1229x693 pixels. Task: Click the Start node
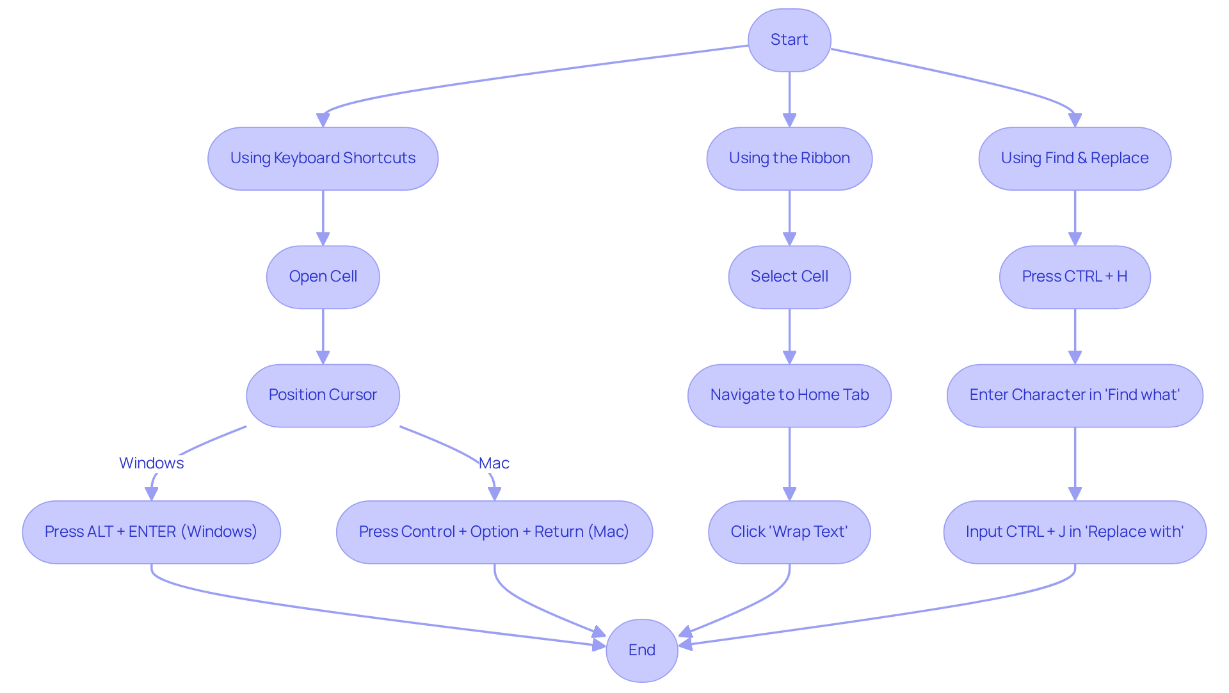tap(789, 40)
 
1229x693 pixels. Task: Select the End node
tap(641, 650)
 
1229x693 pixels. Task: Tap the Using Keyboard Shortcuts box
tap(323, 158)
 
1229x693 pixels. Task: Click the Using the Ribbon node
tap(789, 158)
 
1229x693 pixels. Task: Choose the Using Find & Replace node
tap(1075, 158)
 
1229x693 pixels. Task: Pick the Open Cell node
tap(323, 276)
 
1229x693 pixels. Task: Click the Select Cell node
tap(789, 276)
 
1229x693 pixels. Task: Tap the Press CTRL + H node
tap(1075, 276)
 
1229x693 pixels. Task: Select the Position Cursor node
tap(323, 395)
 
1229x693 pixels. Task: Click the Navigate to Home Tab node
tap(789, 395)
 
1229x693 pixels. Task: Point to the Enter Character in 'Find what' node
tap(1075, 395)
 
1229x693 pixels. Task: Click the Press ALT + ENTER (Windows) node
tap(151, 532)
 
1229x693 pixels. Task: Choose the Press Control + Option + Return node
tap(494, 532)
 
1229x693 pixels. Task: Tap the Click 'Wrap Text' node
tap(789, 532)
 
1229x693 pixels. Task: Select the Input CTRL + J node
tap(1075, 532)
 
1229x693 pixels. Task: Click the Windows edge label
tap(151, 463)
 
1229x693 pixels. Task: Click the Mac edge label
tap(494, 463)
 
